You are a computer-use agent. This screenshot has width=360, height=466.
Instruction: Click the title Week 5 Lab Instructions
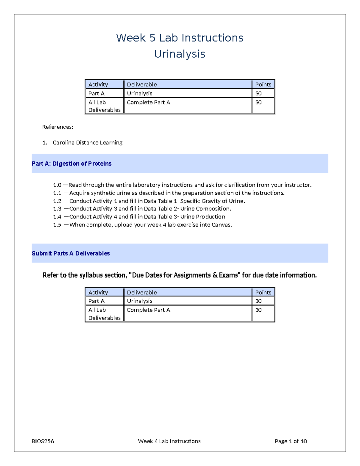click(180, 38)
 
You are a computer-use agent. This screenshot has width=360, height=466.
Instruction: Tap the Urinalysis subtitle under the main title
click(180, 54)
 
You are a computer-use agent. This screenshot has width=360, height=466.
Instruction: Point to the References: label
click(58, 127)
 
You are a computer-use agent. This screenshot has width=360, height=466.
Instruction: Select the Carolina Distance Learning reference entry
click(87, 143)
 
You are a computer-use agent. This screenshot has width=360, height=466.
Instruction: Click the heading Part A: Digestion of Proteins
click(71, 164)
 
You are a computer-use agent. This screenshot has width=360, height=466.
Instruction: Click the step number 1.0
click(57, 185)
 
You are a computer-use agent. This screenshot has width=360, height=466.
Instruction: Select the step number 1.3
click(57, 209)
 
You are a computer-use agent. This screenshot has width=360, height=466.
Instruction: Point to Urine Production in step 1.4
click(202, 217)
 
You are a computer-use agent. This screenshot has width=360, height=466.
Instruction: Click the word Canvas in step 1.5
click(221, 225)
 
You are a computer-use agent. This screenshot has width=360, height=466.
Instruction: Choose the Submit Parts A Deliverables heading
click(71, 253)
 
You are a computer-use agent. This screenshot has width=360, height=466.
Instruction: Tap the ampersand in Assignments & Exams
click(215, 275)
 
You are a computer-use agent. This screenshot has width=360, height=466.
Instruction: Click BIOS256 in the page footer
click(43, 441)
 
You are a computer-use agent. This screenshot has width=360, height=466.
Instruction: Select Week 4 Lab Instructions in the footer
click(169, 441)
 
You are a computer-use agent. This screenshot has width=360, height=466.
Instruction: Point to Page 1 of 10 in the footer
click(291, 441)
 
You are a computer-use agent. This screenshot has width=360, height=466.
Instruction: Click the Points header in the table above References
click(263, 85)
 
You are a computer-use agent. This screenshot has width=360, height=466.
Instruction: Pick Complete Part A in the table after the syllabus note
click(148, 310)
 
